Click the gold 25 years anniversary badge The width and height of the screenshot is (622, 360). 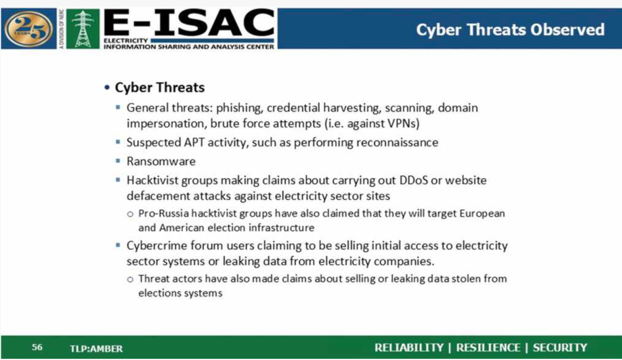29,29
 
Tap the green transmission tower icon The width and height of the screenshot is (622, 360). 83,29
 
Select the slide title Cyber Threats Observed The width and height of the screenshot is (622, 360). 510,30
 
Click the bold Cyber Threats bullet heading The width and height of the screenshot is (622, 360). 160,87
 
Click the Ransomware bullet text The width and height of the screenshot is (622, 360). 161,161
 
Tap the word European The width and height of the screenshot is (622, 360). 482,214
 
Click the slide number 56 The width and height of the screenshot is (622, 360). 37,347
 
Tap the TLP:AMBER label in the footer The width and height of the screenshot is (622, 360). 96,349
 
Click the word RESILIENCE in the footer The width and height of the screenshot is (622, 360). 488,348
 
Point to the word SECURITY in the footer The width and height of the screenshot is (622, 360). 560,348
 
